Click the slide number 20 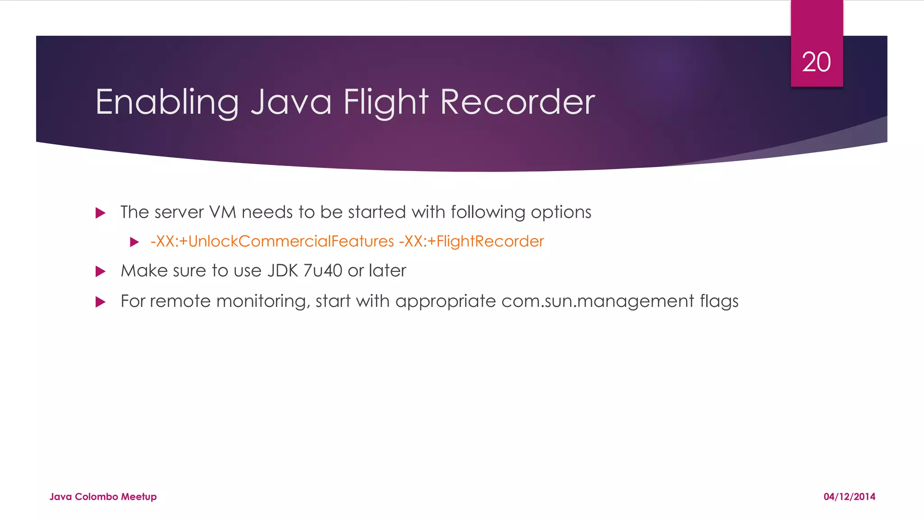click(x=816, y=62)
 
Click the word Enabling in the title click(x=167, y=102)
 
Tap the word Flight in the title click(x=385, y=102)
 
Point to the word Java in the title click(x=291, y=102)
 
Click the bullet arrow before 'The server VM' click(x=101, y=213)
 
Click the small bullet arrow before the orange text click(x=134, y=242)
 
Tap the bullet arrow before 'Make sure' click(x=101, y=271)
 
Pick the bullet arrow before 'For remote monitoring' click(x=101, y=302)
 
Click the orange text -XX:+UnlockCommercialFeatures click(x=272, y=241)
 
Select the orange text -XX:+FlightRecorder click(x=471, y=241)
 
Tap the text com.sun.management click(x=597, y=301)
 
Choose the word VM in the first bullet click(x=223, y=212)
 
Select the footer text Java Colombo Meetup click(x=103, y=497)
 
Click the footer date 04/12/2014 click(x=849, y=497)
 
